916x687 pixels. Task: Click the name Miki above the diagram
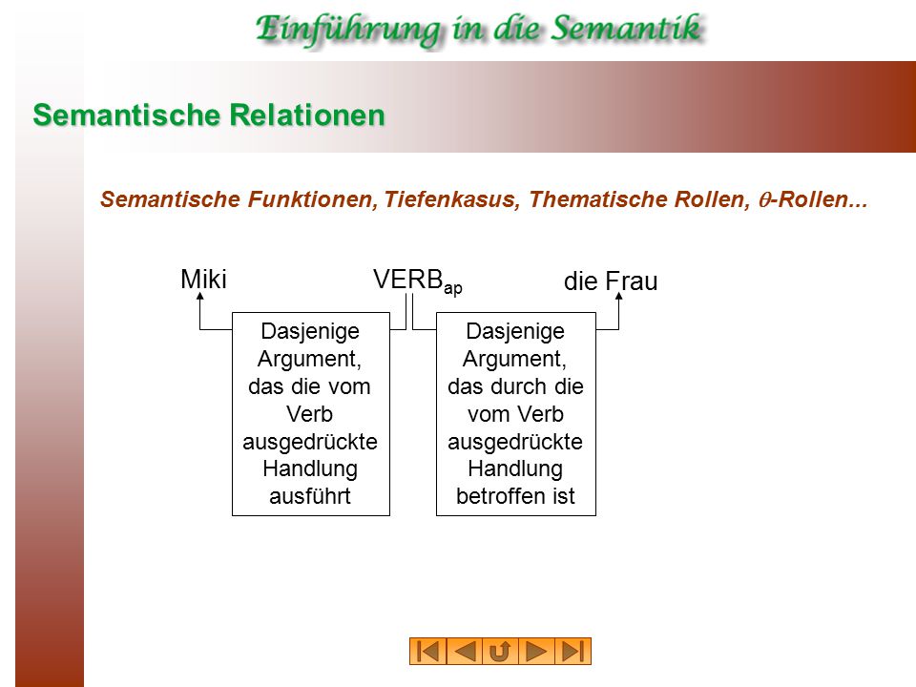coord(203,280)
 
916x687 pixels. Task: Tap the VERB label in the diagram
coord(407,280)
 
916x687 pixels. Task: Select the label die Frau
coord(611,281)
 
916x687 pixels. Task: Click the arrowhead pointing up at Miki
coord(199,296)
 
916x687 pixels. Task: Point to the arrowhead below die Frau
coord(618,296)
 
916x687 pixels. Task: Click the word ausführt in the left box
coord(310,496)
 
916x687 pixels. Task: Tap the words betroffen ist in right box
coord(515,496)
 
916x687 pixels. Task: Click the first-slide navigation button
coord(428,652)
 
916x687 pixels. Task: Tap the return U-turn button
coord(500,652)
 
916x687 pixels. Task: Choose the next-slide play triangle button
coord(536,652)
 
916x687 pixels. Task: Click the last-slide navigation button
coord(572,652)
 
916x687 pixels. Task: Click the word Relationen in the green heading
coord(307,114)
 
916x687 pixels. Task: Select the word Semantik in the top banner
coord(626,29)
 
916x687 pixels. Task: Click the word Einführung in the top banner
coord(348,31)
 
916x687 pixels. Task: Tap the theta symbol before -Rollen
coord(763,200)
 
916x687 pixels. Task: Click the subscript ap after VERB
coord(452,288)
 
